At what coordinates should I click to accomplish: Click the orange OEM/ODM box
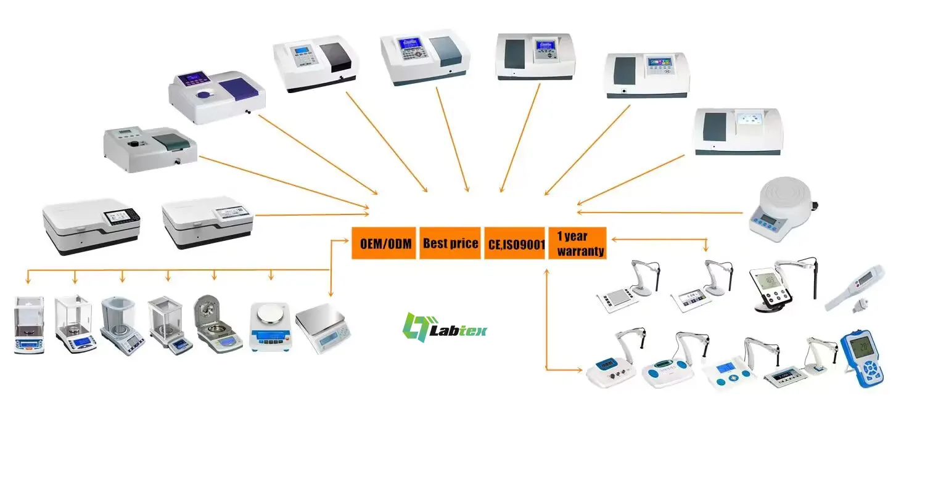385,243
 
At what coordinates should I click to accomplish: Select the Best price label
450,243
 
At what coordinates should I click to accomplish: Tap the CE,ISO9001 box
515,243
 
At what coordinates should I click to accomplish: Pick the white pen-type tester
857,287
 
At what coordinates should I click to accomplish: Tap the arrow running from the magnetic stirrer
660,213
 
